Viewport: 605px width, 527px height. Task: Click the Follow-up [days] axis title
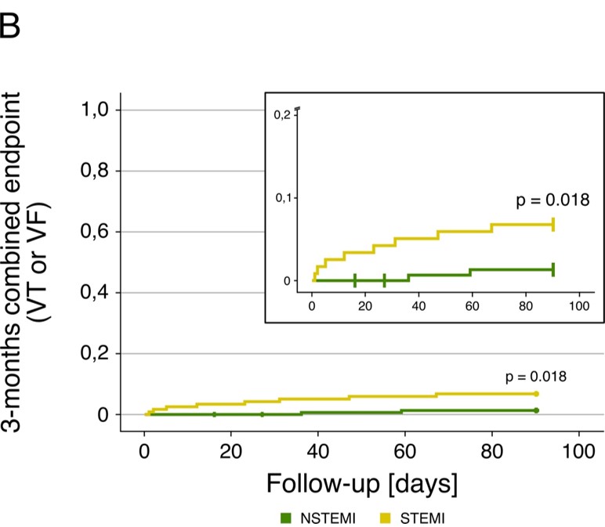pos(361,482)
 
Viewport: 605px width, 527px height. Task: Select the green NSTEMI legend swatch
pos(286,517)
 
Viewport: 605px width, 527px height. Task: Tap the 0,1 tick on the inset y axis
pos(282,197)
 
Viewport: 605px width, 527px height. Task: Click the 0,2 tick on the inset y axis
pos(282,114)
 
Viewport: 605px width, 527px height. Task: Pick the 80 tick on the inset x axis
pos(526,306)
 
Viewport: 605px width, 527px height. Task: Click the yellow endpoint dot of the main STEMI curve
pos(536,393)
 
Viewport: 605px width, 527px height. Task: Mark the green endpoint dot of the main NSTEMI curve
pos(536,410)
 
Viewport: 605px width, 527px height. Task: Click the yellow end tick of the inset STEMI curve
pos(553,225)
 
